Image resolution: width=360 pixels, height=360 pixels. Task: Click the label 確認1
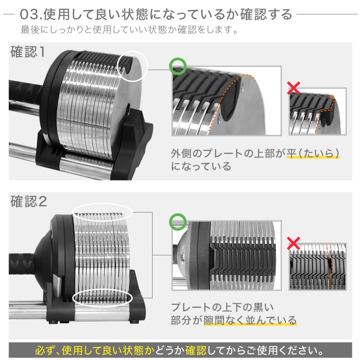click(x=28, y=52)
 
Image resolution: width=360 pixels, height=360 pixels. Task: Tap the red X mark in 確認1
click(x=294, y=88)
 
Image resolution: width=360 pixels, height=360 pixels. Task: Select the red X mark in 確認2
click(x=294, y=243)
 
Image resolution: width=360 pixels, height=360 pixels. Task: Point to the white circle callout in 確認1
click(x=132, y=66)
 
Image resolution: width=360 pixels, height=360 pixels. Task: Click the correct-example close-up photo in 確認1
click(x=226, y=101)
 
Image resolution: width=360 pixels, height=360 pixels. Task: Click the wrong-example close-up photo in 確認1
click(x=318, y=112)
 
